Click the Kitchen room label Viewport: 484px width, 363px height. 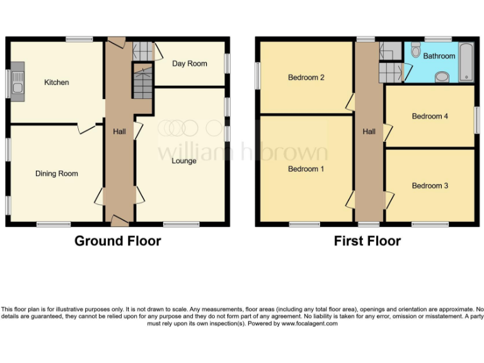(x=56, y=83)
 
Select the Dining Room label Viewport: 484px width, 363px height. (x=56, y=173)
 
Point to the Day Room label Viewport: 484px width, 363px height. (x=190, y=64)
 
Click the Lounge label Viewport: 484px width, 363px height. (x=184, y=161)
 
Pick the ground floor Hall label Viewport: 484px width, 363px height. (x=119, y=132)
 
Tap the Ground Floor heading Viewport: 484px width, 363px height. (x=118, y=241)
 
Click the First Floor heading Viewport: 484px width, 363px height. (x=367, y=241)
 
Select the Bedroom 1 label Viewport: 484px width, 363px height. (x=306, y=169)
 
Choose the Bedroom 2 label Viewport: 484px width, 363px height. (x=306, y=78)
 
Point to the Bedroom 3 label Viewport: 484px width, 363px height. (x=430, y=186)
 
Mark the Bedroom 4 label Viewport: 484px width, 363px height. (x=430, y=116)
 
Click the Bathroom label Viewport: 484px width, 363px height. (x=439, y=56)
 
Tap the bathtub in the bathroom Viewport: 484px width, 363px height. (x=466, y=62)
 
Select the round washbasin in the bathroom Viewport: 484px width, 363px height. (x=442, y=78)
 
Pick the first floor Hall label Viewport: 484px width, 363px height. (x=369, y=132)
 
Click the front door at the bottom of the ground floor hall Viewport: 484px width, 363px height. (x=119, y=220)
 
